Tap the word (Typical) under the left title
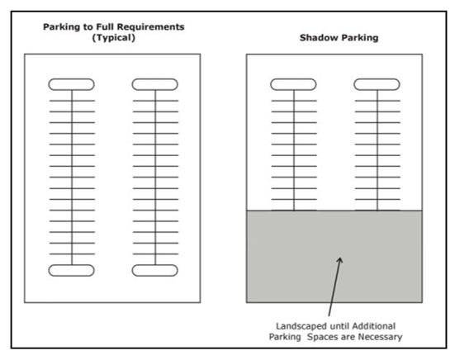coord(113,38)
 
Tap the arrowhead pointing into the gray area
coord(340,260)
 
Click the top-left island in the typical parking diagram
coord(71,84)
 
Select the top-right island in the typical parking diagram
coord(155,84)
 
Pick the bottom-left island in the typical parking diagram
coord(71,270)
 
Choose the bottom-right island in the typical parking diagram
coord(155,270)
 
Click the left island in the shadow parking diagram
coord(293,84)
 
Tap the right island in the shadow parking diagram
coord(377,84)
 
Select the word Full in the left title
coord(106,26)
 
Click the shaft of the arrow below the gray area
coord(334,288)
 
